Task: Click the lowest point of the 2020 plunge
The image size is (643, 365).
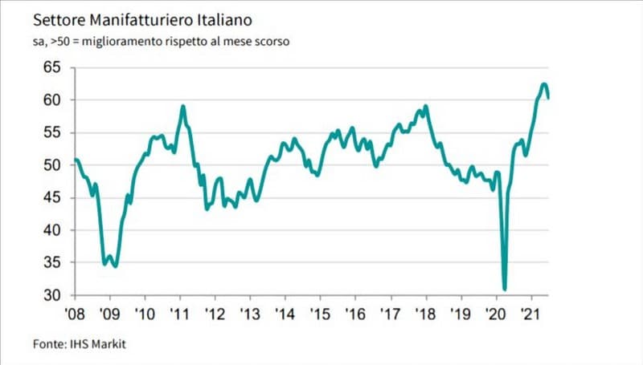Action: coord(505,289)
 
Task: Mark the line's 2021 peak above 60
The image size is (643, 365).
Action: coord(544,84)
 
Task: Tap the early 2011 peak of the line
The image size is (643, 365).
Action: coord(183,106)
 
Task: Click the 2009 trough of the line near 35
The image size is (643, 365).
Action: coord(116,266)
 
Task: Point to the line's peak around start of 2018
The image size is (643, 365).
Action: coord(425,106)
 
